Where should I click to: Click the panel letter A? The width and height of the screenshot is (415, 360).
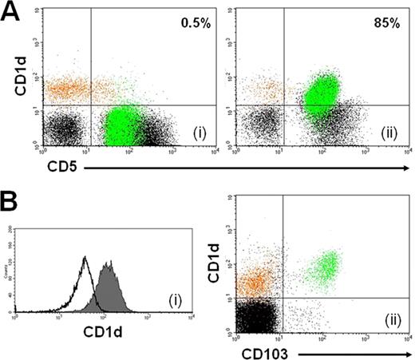pyautogui.click(x=12, y=13)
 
